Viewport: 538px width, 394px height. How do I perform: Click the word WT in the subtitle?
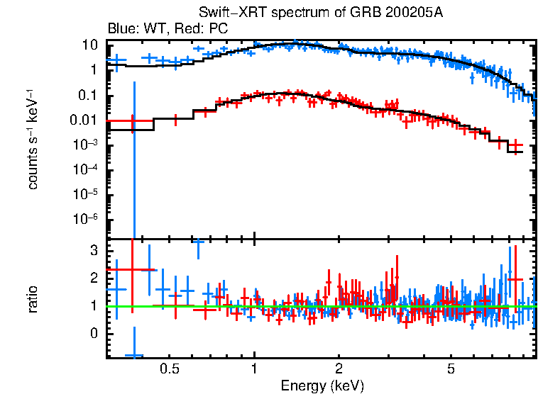click(148, 29)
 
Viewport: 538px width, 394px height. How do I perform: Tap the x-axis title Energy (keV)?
click(322, 385)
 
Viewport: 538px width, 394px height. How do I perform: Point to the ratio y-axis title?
click(33, 298)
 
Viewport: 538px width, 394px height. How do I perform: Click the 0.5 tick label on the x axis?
click(169, 369)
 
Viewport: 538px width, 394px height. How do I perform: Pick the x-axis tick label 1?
click(254, 369)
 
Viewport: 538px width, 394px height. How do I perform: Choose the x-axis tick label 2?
click(339, 369)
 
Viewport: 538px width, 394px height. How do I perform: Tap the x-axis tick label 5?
click(451, 369)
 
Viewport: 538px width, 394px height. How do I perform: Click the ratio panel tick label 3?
click(92, 250)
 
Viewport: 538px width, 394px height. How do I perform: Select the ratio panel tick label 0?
click(92, 333)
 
